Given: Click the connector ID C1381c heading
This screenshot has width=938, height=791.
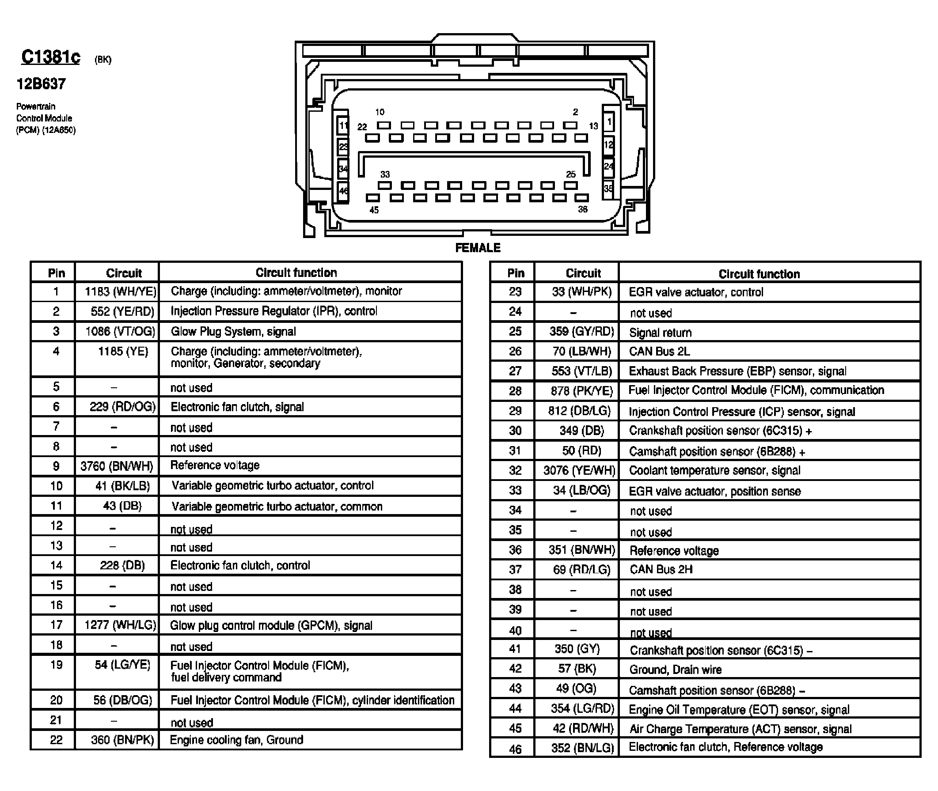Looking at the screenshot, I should point(51,57).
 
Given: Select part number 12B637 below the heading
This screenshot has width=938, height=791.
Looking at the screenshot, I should point(41,84).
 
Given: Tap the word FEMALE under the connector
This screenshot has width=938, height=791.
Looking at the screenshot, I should point(477,248).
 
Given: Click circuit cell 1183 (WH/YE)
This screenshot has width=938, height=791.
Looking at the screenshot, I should point(120,292).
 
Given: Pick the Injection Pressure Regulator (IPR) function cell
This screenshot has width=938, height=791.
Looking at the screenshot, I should point(273,311).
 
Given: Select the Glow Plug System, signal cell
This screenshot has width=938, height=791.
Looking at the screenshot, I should point(233,331).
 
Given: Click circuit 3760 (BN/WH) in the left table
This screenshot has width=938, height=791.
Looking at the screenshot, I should point(117,466).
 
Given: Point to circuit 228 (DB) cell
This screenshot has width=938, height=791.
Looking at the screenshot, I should point(122,565).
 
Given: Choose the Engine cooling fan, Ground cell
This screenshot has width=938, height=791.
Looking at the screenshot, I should point(236,740).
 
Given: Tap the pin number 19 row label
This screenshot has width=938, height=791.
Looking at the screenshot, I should point(56,665).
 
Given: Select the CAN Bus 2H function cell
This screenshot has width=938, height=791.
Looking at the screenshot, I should point(661,569).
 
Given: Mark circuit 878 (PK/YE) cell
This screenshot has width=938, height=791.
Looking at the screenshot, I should point(581,391).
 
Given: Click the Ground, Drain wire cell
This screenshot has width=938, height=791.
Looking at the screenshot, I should point(675,670).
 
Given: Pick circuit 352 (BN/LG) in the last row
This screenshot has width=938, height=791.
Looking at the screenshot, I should point(582,748).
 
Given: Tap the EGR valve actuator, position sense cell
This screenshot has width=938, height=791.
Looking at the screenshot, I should point(714,492).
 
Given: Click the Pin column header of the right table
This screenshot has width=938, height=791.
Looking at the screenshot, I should point(516,273).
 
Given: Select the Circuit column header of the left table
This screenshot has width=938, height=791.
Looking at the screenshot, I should point(123,273).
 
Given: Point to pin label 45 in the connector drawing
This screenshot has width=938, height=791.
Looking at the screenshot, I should point(374,210).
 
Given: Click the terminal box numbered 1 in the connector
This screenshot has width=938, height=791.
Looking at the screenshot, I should point(609,121).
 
